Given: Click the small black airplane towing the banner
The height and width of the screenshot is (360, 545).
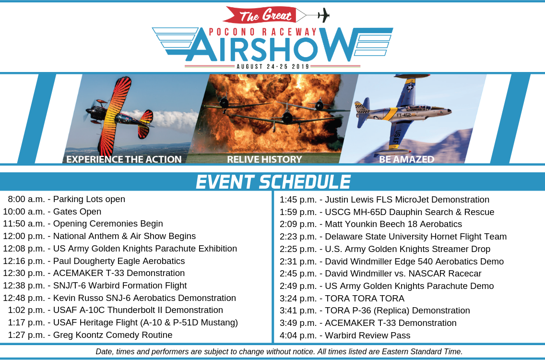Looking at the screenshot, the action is pos(323,15).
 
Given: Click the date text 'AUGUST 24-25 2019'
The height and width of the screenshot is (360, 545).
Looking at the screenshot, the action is pos(273,66).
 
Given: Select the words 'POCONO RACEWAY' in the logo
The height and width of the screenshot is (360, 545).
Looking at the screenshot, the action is pos(263,32).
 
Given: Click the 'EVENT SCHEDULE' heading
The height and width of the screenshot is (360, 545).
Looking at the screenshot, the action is pos(273,181).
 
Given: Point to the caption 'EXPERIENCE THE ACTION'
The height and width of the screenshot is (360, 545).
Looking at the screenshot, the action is pos(124,159).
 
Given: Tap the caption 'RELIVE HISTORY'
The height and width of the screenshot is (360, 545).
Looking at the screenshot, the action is pos(264,159).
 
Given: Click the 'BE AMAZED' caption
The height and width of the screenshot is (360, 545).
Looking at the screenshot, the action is pos(407,159).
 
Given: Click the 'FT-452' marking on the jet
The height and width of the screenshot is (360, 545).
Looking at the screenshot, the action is pos(403,115).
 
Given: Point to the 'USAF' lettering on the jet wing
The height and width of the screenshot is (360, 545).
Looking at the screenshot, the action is pos(397,137).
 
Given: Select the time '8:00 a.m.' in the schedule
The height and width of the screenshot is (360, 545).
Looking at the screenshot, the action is pos(27,199).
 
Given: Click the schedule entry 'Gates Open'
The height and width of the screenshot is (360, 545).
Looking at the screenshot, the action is pos(77,212).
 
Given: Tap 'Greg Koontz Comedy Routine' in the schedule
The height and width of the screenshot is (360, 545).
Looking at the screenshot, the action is pos(113,335).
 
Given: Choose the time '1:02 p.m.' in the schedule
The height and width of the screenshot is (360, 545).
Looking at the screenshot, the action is pos(27,310).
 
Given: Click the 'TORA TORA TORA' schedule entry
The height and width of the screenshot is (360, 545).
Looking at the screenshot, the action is pos(365,299).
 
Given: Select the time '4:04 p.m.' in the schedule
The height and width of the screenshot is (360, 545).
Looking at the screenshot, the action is pos(298,336).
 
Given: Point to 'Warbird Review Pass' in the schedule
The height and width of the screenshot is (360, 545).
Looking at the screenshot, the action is pos(368,336).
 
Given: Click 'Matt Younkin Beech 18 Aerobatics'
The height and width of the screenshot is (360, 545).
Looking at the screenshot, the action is pos(393,224).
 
